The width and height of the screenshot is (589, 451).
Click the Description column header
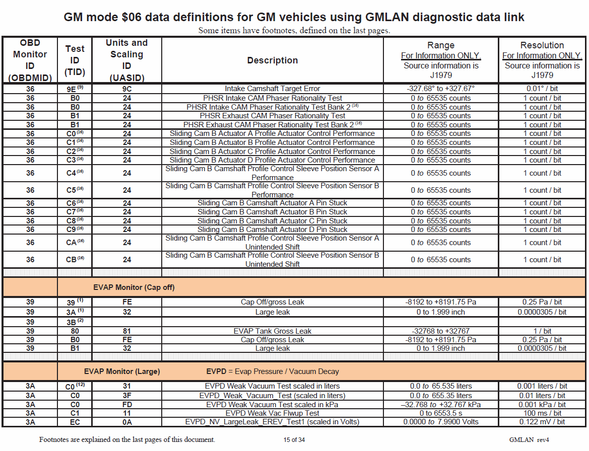272,60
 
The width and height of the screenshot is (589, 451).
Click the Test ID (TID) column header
75,60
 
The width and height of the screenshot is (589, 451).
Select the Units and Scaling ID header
126,60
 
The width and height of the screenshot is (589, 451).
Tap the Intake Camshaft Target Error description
272,89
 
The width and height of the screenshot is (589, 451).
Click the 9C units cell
126,89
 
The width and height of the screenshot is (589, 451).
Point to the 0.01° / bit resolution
542,89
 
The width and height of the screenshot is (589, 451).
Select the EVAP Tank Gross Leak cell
272,331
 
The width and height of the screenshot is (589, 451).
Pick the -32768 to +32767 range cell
440,331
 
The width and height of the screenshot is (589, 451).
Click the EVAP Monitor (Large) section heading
126,371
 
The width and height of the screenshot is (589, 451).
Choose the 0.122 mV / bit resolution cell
542,421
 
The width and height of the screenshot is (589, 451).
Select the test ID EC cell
75,421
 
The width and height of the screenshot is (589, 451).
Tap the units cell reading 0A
126,421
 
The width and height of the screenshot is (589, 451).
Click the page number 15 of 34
294,439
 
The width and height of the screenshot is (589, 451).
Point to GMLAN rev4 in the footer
529,439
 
